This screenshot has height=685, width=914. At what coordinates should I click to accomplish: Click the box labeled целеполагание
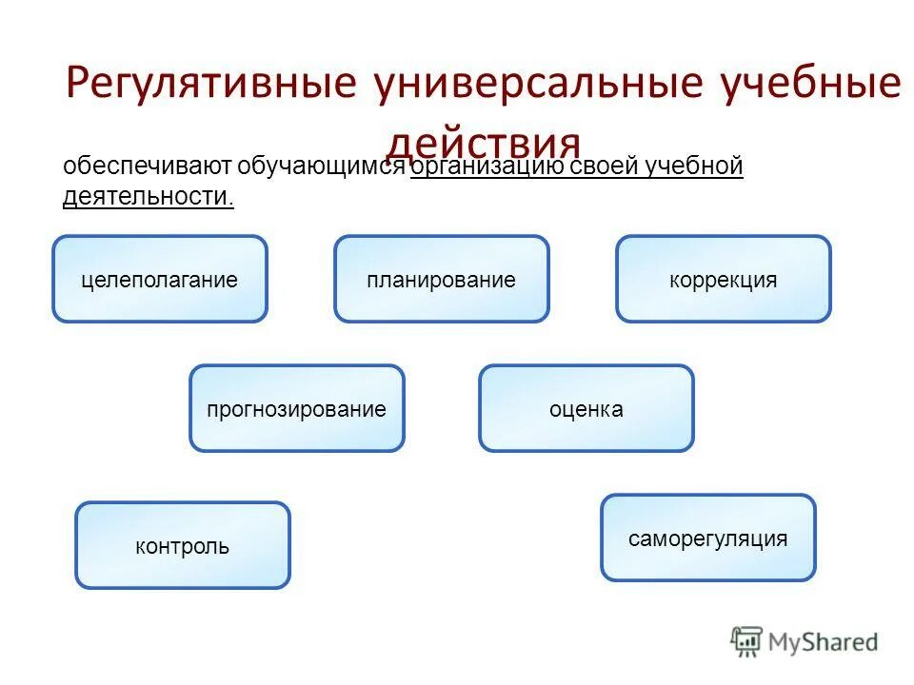tap(159, 280)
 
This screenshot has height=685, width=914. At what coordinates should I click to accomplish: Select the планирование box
tap(441, 280)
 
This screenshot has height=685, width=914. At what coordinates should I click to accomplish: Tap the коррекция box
tap(723, 280)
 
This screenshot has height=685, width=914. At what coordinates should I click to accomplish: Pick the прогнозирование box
tap(296, 409)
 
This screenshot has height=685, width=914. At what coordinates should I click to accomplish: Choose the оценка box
tap(586, 409)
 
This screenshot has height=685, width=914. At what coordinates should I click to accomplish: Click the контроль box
tap(182, 546)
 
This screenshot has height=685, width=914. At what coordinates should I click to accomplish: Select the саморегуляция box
tap(707, 538)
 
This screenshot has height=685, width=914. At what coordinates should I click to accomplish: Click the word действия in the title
tap(485, 143)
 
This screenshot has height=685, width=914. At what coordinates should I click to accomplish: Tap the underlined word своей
tap(606, 167)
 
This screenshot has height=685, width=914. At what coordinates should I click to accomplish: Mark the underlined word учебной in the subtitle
tap(695, 167)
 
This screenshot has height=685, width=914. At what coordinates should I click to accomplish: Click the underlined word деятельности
tap(148, 197)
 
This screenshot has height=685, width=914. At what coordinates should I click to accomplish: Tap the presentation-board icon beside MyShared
tap(747, 642)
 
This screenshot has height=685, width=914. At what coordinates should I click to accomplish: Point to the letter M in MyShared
tap(780, 642)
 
